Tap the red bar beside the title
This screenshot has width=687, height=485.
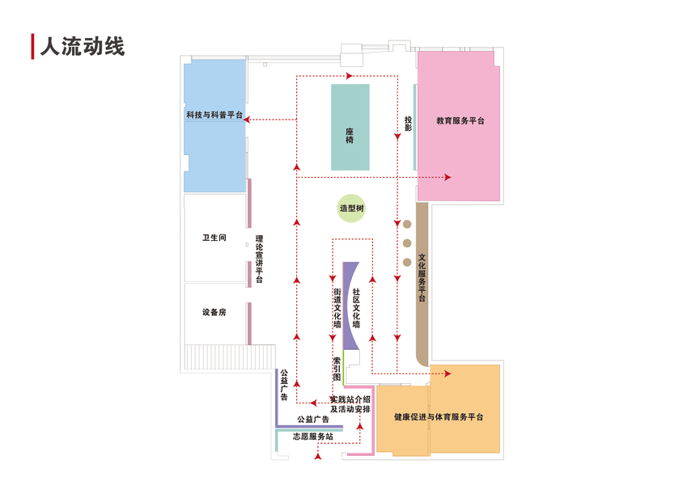click(x=32, y=47)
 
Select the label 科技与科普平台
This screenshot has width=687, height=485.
click(x=214, y=116)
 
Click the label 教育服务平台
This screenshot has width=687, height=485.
click(x=460, y=121)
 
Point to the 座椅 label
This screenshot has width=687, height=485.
click(x=350, y=135)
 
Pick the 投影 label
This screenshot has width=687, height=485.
click(x=409, y=123)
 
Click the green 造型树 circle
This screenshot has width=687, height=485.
click(x=352, y=209)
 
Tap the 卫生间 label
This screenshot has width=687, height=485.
click(x=214, y=238)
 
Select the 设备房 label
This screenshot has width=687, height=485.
click(x=214, y=312)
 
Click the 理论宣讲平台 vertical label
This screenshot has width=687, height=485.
click(x=260, y=259)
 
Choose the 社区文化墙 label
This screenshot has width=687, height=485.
click(x=356, y=307)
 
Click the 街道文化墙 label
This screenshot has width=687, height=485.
click(x=337, y=308)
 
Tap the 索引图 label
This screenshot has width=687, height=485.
click(x=337, y=369)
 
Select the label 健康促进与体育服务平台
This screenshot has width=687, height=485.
click(x=439, y=417)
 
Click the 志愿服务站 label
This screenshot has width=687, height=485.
click(x=312, y=436)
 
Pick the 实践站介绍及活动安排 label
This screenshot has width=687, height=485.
click(x=350, y=404)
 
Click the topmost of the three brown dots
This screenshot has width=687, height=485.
click(x=407, y=224)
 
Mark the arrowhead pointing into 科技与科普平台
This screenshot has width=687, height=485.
click(x=248, y=120)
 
